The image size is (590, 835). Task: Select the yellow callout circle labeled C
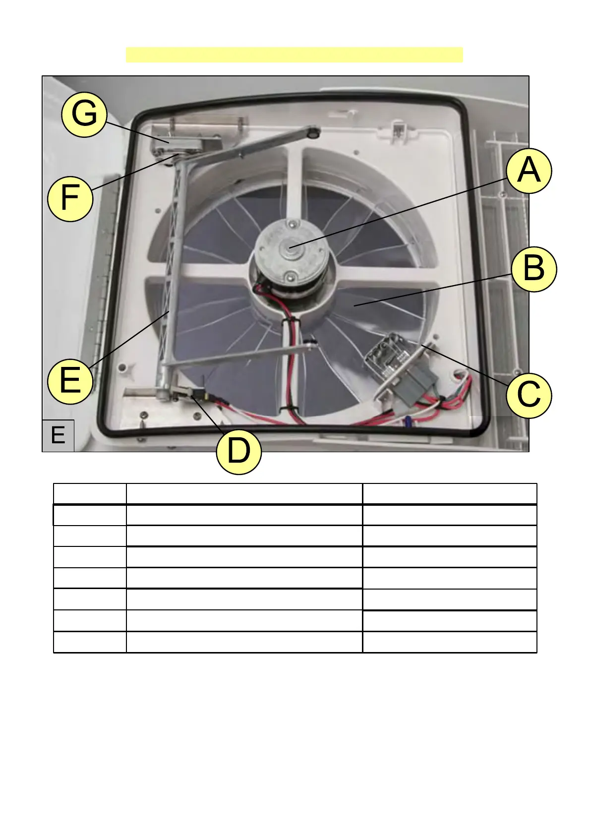pos(529,396)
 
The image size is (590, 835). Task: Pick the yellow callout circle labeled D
pos(239,452)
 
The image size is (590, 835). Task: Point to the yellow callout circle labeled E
pos(70,382)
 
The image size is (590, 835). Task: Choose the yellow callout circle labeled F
pos(70,198)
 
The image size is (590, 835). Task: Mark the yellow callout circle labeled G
pos(84,115)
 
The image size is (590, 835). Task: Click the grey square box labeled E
pos(58,435)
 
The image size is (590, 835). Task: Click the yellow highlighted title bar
pos(294,55)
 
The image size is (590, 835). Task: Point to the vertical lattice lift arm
pos(171,268)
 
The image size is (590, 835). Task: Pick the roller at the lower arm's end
pos(311,343)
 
